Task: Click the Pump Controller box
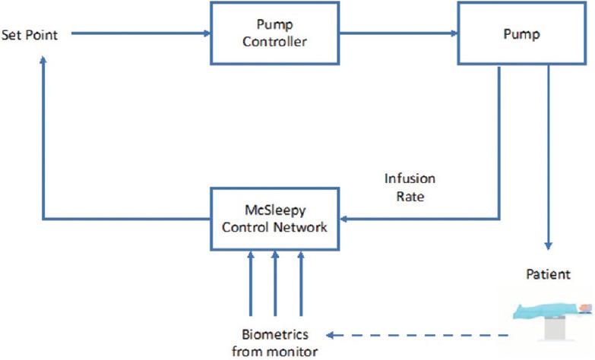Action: click(274, 34)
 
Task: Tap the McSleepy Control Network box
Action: click(274, 219)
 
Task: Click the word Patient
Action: click(548, 273)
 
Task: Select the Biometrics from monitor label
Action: click(275, 342)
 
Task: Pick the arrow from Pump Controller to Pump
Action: click(399, 34)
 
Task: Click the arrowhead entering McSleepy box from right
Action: click(344, 219)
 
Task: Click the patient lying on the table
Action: click(551, 311)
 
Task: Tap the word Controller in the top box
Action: click(274, 42)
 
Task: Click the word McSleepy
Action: click(274, 212)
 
